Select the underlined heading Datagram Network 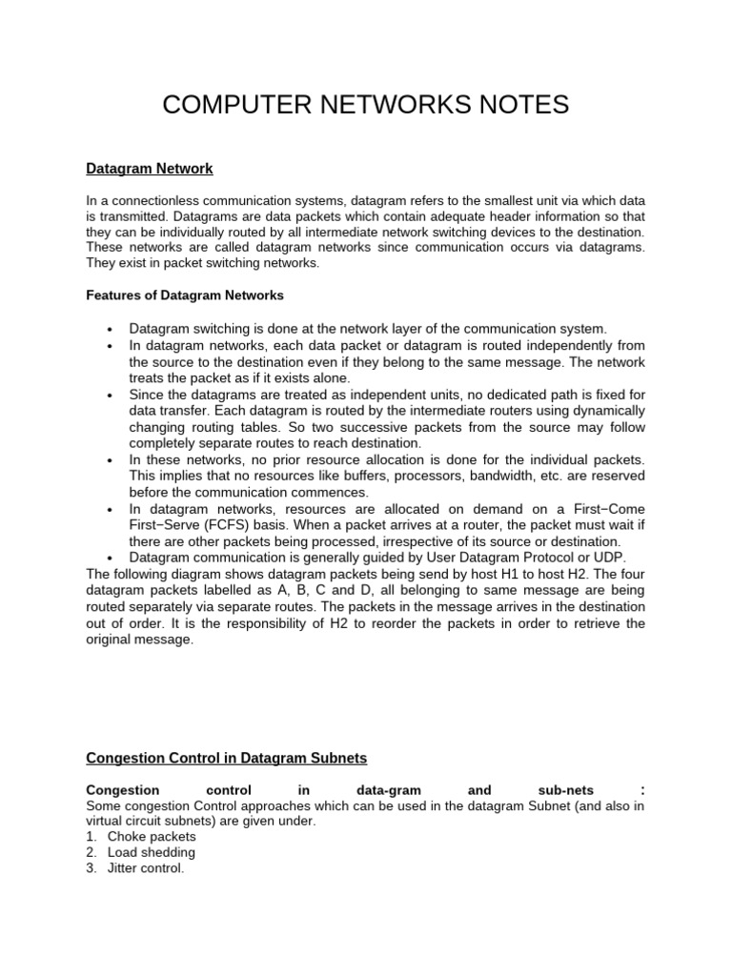pyautogui.click(x=150, y=169)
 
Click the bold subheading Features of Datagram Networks pyautogui.click(x=185, y=295)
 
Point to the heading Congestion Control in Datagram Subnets pyautogui.click(x=227, y=758)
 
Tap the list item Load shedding pyautogui.click(x=152, y=852)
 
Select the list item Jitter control pyautogui.click(x=146, y=868)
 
